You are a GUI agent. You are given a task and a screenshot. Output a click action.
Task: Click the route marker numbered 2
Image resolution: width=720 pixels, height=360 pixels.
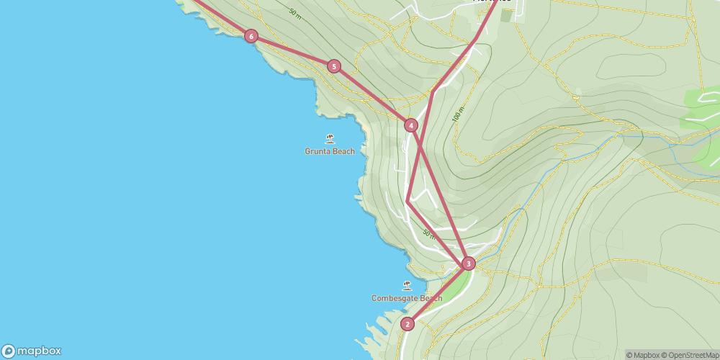click(x=408, y=324)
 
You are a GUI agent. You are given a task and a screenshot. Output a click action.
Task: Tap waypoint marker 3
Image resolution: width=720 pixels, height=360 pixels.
click(x=469, y=264)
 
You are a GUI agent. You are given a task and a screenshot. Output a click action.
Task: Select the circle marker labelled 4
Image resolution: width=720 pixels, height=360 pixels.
click(x=410, y=125)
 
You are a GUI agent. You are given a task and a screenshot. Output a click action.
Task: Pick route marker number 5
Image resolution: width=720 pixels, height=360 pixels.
click(x=333, y=66)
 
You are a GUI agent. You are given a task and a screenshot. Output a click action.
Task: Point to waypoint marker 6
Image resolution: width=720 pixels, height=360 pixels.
click(x=251, y=36)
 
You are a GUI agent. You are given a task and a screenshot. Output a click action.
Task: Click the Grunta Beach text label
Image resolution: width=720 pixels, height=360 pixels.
click(x=330, y=152)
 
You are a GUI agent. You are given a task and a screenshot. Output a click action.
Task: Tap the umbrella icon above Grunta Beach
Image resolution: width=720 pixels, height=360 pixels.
click(x=330, y=139)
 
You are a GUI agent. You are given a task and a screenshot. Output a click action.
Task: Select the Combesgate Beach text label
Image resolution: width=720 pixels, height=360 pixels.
click(x=406, y=298)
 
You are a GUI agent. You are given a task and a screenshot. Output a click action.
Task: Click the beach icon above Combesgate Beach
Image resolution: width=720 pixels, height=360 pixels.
click(x=407, y=285)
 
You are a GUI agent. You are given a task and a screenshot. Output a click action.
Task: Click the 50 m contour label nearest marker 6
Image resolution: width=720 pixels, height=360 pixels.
click(x=294, y=12)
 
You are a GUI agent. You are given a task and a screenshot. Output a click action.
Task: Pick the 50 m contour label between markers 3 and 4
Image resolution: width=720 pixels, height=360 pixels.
click(x=428, y=234)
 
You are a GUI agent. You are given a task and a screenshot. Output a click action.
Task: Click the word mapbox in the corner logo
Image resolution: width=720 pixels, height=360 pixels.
click(x=40, y=351)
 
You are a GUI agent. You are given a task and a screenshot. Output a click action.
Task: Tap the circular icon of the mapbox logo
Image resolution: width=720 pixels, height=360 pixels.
click(x=9, y=351)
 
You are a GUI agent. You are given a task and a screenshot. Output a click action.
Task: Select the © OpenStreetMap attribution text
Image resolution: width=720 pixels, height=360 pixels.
click(x=690, y=355)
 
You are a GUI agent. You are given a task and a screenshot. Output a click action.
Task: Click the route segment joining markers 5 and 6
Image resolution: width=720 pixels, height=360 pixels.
click(x=292, y=51)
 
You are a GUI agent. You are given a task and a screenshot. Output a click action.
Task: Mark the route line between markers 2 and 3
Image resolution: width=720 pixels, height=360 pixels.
click(x=438, y=294)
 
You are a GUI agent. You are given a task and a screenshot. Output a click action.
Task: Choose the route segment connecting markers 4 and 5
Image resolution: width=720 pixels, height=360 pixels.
click(x=372, y=96)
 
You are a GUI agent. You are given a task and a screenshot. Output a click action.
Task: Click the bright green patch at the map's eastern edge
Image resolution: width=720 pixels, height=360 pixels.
click(x=702, y=108)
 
